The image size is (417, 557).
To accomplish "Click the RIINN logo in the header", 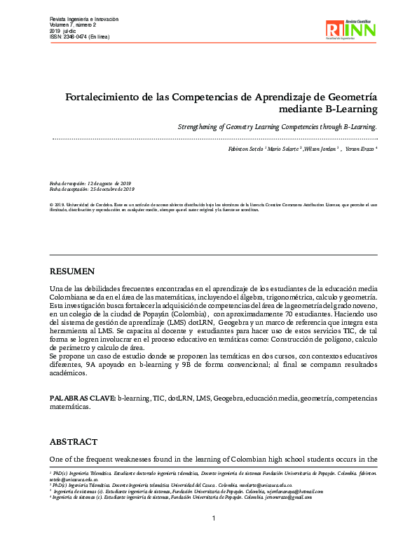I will [350, 29].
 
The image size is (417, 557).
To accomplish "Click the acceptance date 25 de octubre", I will [112, 189].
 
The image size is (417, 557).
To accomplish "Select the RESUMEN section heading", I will [71, 271].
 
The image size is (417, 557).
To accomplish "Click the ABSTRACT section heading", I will [74, 442].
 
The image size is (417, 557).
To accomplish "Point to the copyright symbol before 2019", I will [52, 204].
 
